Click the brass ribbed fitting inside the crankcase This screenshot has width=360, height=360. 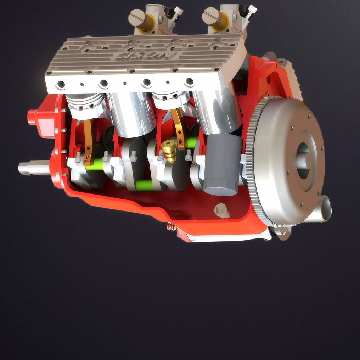pyautogui.click(x=169, y=150)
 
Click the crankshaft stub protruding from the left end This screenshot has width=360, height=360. pyautogui.click(x=34, y=168)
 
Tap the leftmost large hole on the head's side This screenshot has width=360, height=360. pyautogui.click(x=61, y=85)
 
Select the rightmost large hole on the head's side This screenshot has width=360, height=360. pyautogui.click(x=190, y=81)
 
